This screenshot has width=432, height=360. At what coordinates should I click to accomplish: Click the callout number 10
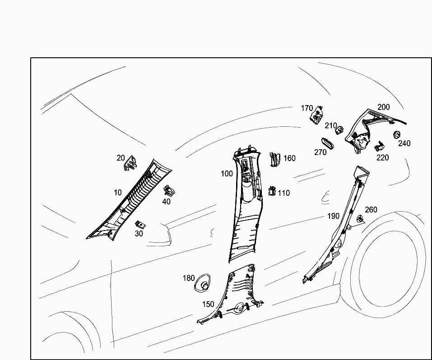[118, 193]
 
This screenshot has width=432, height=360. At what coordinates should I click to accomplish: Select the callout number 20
[121, 158]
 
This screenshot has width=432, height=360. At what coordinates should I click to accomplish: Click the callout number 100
[227, 174]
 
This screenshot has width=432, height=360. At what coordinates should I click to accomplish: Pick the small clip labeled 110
[272, 191]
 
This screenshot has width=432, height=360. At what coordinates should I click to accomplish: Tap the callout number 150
[208, 305]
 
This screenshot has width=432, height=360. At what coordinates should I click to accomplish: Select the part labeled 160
[274, 159]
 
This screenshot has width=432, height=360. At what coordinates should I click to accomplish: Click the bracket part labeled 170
[317, 116]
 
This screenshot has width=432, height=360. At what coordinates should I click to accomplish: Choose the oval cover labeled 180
[203, 283]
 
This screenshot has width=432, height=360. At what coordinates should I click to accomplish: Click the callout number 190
[333, 216]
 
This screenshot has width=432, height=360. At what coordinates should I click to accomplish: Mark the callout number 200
[384, 107]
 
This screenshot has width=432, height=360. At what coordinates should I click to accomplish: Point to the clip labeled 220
[379, 146]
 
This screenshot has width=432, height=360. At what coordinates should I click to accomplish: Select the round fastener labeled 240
[398, 134]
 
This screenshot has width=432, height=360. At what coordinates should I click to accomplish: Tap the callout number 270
[321, 152]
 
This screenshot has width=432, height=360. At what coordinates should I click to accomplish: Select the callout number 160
[289, 158]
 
